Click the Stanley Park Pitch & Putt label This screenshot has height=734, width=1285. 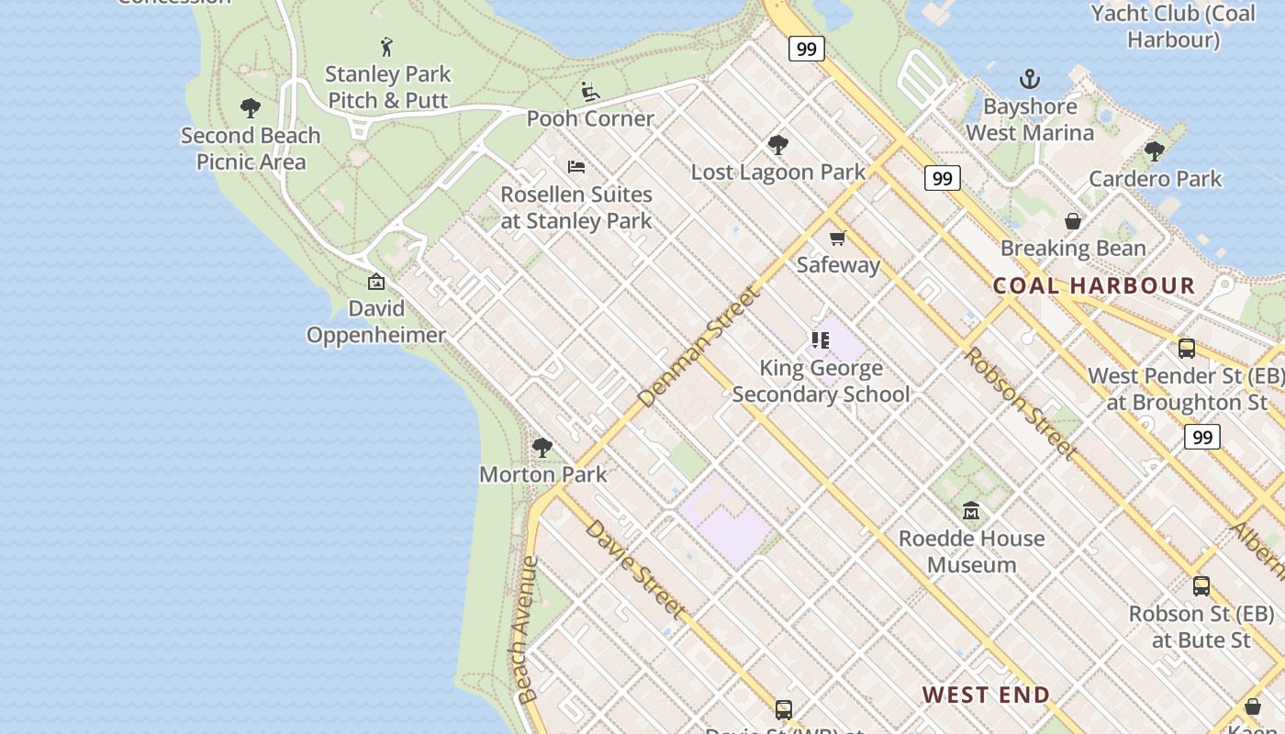(387, 87)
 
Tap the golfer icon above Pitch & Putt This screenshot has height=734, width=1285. (386, 46)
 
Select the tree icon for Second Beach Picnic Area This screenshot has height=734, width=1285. (250, 108)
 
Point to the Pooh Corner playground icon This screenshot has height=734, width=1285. (590, 92)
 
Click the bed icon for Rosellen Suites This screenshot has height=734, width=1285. (576, 167)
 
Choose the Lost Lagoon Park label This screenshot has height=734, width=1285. (777, 172)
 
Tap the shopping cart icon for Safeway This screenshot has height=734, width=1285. (837, 239)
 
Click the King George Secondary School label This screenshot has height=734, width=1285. (821, 381)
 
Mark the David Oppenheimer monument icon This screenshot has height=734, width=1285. (375, 282)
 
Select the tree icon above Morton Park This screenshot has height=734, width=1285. (542, 448)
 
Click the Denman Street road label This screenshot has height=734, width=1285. (699, 346)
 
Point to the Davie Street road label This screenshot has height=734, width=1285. (635, 569)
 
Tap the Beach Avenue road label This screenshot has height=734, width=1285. (526, 629)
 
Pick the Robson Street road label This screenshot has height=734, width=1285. (1019, 402)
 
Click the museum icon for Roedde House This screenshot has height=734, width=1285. (971, 511)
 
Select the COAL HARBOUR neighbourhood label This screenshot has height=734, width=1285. (1094, 285)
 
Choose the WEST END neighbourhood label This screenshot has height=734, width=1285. (986, 695)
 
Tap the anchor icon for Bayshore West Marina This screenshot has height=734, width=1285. (1030, 79)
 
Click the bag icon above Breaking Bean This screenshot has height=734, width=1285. (1072, 221)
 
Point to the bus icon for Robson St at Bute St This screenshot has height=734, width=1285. (1201, 586)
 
